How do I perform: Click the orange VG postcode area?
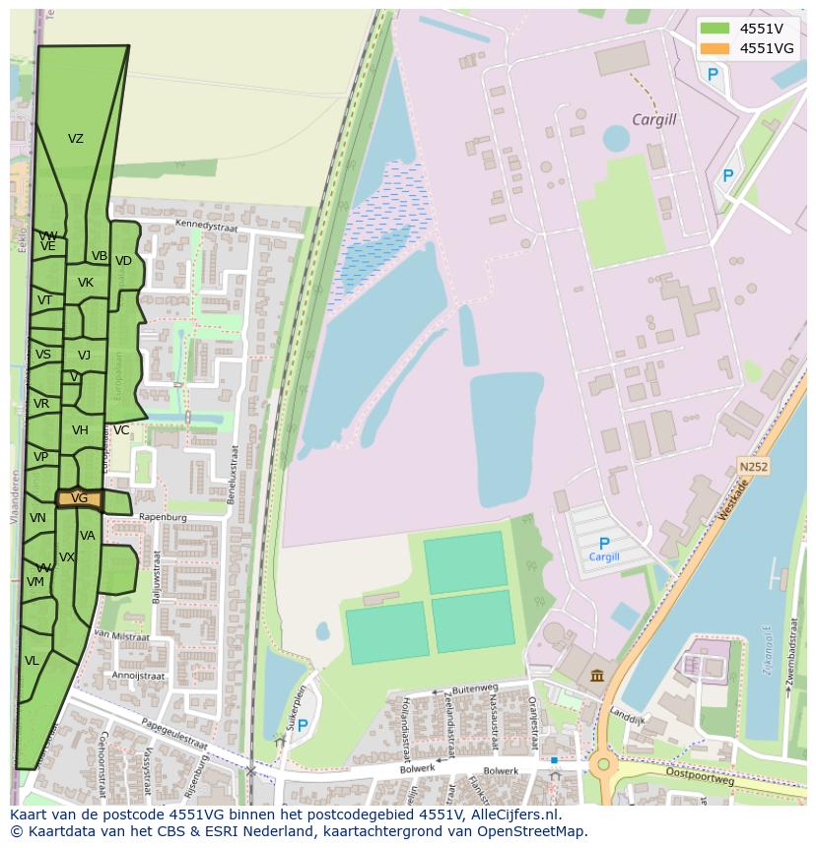click(x=79, y=498)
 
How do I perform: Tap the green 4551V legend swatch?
click(x=714, y=28)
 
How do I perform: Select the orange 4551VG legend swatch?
click(x=714, y=48)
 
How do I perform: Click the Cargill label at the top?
click(x=654, y=120)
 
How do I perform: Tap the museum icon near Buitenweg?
click(x=597, y=675)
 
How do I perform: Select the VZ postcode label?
click(x=76, y=139)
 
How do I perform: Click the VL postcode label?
click(x=32, y=661)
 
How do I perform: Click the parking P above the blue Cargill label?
click(x=604, y=543)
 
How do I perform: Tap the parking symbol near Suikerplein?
click(x=303, y=726)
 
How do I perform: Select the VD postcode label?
click(x=123, y=261)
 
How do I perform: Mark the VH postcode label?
click(x=80, y=430)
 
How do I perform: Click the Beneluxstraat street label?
click(x=234, y=474)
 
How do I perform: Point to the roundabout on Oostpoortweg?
click(x=600, y=764)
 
